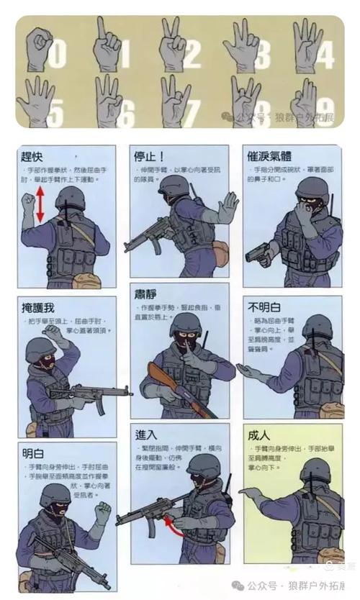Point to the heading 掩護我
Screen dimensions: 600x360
click(38, 308)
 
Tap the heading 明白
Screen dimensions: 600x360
click(33, 453)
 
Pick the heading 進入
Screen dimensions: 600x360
click(145, 435)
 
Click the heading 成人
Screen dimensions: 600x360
click(258, 435)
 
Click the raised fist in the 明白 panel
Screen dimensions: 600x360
click(101, 513)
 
